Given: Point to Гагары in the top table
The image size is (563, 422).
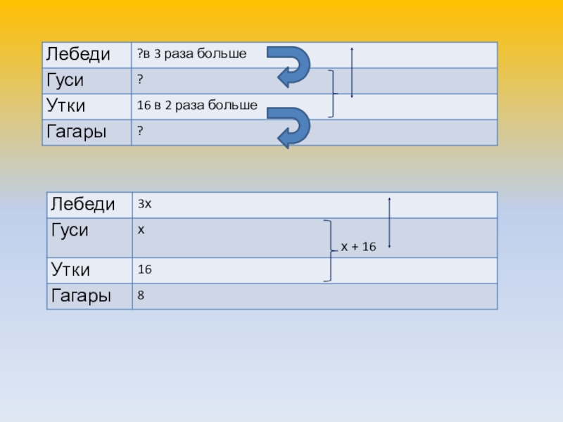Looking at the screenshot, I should click(78, 132).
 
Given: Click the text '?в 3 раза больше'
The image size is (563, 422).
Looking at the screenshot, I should click(191, 54).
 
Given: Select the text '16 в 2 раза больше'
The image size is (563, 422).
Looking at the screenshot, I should click(197, 105).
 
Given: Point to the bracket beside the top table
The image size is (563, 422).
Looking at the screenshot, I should click(333, 94).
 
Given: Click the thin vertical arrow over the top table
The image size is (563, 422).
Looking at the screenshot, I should click(351, 72).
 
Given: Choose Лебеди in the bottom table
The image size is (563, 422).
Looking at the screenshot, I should click(81, 205).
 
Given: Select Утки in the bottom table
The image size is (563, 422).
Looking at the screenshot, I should click(71, 269).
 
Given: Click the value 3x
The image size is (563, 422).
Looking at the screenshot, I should click(145, 204).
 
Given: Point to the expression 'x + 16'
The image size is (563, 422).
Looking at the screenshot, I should click(359, 247).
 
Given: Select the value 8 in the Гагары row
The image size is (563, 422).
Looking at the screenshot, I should click(141, 296).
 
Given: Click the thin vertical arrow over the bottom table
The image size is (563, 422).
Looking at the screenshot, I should click(389, 222).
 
